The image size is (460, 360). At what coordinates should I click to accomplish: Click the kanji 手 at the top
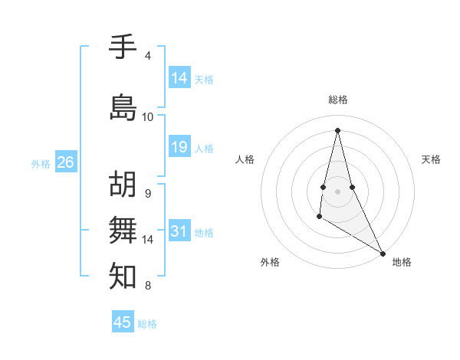click(123, 47)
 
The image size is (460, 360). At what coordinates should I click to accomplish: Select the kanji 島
click(123, 107)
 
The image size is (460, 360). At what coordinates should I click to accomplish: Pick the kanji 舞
click(123, 229)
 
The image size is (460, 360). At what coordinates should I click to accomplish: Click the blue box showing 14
click(179, 77)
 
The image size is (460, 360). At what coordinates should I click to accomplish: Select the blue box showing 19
click(179, 147)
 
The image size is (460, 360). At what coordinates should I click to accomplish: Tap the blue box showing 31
click(179, 231)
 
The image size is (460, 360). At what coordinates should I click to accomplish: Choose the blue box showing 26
click(66, 162)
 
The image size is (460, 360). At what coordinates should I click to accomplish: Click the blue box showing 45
click(123, 322)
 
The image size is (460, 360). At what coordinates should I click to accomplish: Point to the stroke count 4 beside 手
click(148, 56)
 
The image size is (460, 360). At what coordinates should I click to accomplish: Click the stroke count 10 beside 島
click(148, 117)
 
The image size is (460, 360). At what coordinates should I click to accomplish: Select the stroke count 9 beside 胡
click(148, 193)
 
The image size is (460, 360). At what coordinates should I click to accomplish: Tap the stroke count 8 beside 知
click(148, 286)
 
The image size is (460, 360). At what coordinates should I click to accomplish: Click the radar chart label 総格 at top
click(338, 100)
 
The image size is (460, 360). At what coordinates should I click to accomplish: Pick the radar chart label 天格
click(431, 159)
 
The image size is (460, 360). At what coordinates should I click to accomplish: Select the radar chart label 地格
click(402, 262)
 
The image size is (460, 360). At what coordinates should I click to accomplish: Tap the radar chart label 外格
click(270, 262)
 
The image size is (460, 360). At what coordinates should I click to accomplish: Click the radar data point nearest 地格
click(383, 254)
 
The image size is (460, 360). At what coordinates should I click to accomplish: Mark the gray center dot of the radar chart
click(338, 180)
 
